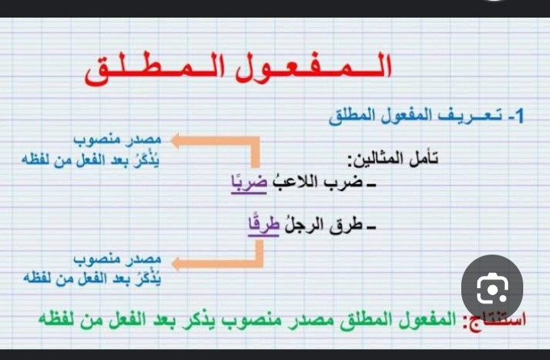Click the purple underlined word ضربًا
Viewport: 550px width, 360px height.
[x=249, y=182]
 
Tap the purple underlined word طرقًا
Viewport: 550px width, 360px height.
[x=263, y=225]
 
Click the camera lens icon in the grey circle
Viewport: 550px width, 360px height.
[x=492, y=288]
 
